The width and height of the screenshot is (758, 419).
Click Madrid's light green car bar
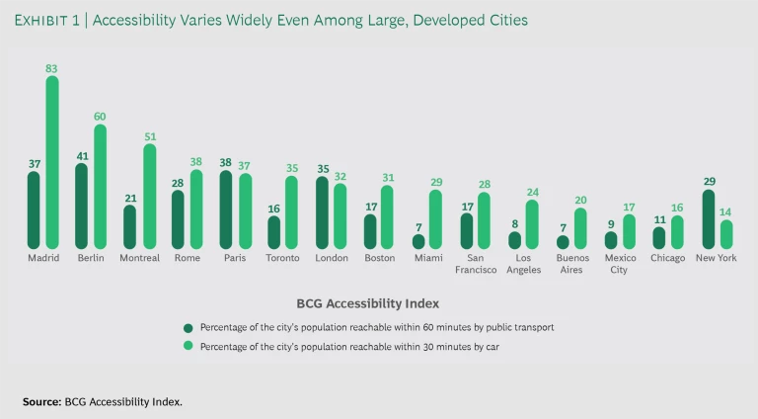(52, 163)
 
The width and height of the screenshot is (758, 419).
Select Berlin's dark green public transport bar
(81, 207)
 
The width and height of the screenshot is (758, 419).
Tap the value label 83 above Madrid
(52, 68)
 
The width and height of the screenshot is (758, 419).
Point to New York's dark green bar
(708, 219)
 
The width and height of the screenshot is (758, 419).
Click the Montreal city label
(139, 259)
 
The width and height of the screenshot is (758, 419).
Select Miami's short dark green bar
(418, 242)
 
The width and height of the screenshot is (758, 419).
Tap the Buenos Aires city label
(571, 264)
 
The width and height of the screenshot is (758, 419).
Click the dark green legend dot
(188, 327)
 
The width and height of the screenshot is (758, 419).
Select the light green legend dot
(188, 347)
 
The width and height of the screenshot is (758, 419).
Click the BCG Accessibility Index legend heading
(367, 303)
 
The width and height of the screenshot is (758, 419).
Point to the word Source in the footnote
(41, 402)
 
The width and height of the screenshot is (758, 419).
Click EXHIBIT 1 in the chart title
(46, 21)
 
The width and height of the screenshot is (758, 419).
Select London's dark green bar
(322, 213)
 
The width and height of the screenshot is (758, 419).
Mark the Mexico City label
(620, 264)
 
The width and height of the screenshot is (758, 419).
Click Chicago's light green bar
(678, 232)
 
